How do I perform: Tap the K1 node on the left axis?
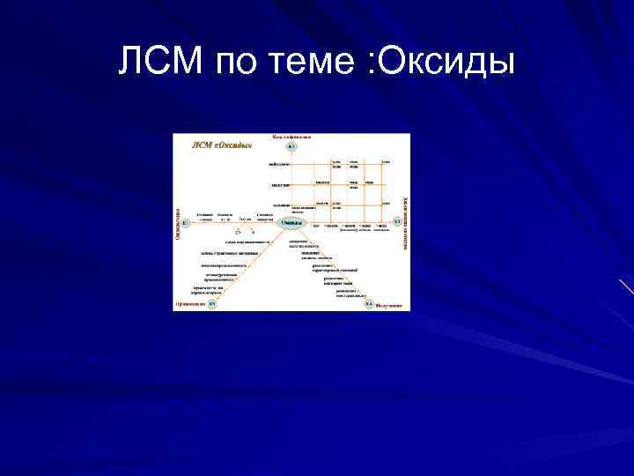coord(184,223)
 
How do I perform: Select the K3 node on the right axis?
coord(396,222)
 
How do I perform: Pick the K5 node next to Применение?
coord(211,304)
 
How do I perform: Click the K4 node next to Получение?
coord(368,304)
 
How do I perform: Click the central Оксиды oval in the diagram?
coord(291,223)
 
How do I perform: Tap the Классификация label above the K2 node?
coord(291,137)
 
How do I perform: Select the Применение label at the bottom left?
coord(189,304)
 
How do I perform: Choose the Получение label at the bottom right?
coord(389,305)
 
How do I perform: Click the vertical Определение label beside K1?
coord(176,222)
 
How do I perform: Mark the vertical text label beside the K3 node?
coord(405,222)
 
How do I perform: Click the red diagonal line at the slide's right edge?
coord(626,286)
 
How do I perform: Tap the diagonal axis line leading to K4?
coord(331,265)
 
